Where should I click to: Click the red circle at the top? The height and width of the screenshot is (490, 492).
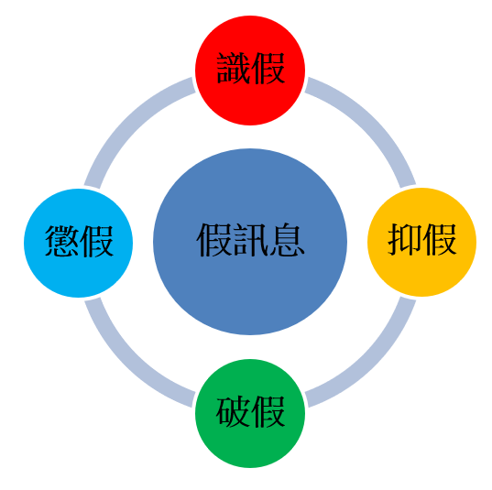pyautogui.click(x=250, y=71)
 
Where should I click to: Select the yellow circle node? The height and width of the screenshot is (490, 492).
pyautogui.click(x=421, y=242)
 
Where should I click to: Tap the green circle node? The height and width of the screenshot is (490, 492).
pyautogui.click(x=250, y=413)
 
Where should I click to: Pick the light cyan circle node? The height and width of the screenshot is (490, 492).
pyautogui.click(x=79, y=243)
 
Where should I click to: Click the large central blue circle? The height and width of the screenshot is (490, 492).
pyautogui.click(x=250, y=242)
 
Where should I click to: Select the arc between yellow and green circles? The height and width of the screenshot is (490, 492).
pyautogui.click(x=372, y=363)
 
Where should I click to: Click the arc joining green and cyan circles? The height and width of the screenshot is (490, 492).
pyautogui.click(x=128, y=364)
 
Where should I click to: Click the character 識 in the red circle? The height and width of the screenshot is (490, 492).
pyautogui.click(x=233, y=69)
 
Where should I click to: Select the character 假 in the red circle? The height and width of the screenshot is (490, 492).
pyautogui.click(x=268, y=69)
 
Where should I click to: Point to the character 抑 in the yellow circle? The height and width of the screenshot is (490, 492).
pyautogui.click(x=405, y=240)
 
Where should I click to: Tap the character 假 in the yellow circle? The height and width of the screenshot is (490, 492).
pyautogui.click(x=439, y=240)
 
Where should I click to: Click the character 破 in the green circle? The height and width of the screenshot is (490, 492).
pyautogui.click(x=233, y=411)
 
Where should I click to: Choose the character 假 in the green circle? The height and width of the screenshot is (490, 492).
pyautogui.click(x=268, y=411)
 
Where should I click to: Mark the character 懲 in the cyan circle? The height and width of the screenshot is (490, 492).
pyautogui.click(x=61, y=241)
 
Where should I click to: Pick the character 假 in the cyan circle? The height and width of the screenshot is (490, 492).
pyautogui.click(x=96, y=241)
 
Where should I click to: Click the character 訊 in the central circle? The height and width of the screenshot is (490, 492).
pyautogui.click(x=250, y=240)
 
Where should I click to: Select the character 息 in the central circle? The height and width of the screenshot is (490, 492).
pyautogui.click(x=286, y=240)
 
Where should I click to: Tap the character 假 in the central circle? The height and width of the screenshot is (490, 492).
pyautogui.click(x=214, y=240)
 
